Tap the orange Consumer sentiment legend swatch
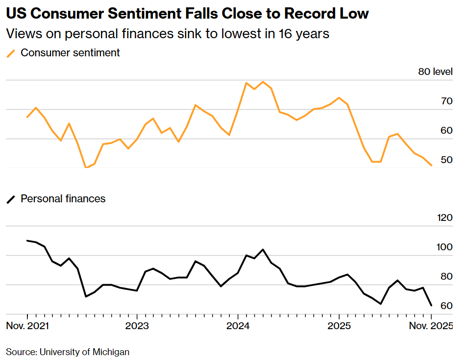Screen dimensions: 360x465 [11, 53]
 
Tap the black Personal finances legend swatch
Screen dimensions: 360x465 [11, 199]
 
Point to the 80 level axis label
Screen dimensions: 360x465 [435, 72]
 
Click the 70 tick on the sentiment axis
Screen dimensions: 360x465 [446, 101]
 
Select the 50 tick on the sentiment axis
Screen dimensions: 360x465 [446, 160]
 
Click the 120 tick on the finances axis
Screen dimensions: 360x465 [444, 218]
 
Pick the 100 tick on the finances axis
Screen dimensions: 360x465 [444, 247]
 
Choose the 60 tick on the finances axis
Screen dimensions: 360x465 [446, 306]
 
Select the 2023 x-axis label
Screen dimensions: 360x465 [137, 326]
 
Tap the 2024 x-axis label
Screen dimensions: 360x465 [238, 326]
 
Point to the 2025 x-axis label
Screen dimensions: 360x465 [339, 326]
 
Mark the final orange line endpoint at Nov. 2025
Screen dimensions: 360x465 [431, 166]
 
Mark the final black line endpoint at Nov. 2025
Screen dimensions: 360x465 [431, 306]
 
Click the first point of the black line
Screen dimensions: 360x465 [27, 240]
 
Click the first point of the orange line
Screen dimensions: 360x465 [27, 117]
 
